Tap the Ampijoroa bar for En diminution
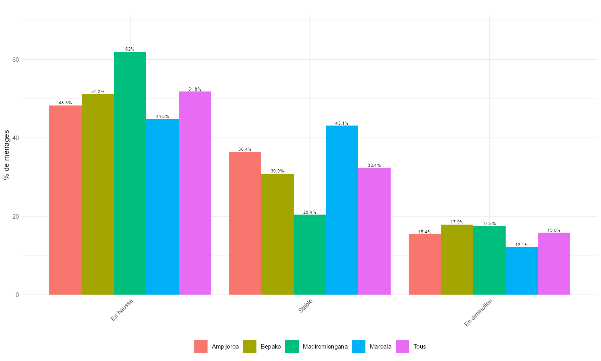(425, 264)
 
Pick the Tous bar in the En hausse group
(195, 193)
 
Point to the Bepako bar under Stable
(277, 234)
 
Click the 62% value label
(130, 49)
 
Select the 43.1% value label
(342, 123)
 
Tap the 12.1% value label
(522, 245)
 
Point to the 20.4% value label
(310, 212)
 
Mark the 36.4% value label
(245, 149)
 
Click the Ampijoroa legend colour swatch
(201, 347)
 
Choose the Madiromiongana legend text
(325, 347)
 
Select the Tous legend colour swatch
(402, 347)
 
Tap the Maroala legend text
(380, 347)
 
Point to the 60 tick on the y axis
(16, 59)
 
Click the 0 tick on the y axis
(17, 295)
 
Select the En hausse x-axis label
(122, 309)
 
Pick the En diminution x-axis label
(478, 312)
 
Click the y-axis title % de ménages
(6, 155)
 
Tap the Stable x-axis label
(305, 306)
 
